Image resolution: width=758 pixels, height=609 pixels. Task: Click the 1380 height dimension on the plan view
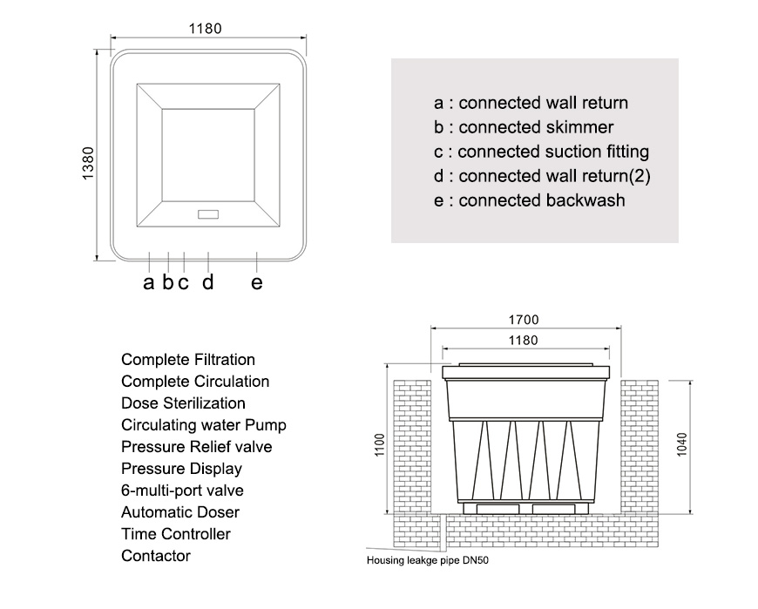(88, 164)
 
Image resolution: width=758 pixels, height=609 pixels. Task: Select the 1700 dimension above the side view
(524, 320)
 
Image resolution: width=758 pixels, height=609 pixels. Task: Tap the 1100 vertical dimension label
(380, 444)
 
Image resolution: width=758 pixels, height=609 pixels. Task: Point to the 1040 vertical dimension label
(681, 444)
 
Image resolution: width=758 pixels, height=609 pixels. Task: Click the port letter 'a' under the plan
(148, 283)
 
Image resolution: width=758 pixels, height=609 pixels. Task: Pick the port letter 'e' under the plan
(257, 283)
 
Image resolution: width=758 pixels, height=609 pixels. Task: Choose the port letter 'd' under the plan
(208, 281)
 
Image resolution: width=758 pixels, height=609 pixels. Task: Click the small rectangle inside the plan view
(208, 214)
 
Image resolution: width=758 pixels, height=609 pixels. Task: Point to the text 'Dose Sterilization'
(183, 403)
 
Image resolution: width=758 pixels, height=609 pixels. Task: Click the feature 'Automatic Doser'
(180, 512)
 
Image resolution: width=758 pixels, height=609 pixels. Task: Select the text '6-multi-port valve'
(182, 491)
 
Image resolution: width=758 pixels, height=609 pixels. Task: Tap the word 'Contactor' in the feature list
(156, 556)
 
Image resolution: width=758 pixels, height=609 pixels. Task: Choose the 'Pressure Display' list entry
(181, 469)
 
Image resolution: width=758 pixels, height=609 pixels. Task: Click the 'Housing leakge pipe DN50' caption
(427, 561)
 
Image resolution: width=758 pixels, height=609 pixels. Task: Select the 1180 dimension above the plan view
(205, 29)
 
